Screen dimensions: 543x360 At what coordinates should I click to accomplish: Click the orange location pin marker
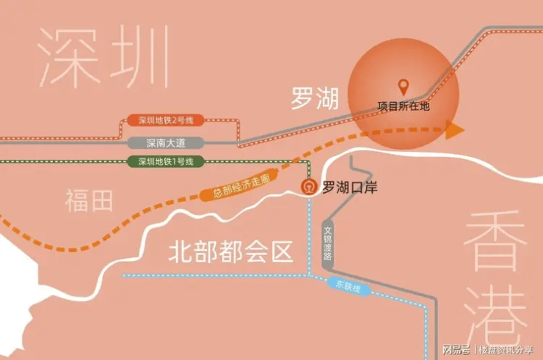tap(403, 87)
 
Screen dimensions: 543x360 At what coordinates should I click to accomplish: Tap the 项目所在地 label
tap(404, 106)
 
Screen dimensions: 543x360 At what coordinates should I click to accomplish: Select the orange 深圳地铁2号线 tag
tap(166, 120)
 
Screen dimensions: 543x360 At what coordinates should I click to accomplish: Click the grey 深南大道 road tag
tap(166, 143)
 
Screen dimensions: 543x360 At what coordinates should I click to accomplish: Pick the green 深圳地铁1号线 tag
tap(166, 161)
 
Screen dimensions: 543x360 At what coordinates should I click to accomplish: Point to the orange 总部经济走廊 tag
tap(240, 185)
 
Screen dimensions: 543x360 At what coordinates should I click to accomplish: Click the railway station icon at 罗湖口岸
tap(309, 187)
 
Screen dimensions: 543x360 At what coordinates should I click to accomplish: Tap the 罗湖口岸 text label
tap(350, 187)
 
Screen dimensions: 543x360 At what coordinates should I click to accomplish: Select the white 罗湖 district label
tap(315, 98)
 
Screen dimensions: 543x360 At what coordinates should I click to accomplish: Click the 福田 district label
tap(89, 200)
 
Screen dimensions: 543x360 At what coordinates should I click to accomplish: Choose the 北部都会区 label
tap(231, 251)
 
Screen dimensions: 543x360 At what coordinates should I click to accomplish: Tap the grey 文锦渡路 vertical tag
tap(327, 243)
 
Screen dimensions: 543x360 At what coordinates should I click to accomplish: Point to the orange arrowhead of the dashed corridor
tap(454, 130)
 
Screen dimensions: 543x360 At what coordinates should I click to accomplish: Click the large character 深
tap(68, 57)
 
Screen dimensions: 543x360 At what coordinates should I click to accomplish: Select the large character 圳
tap(139, 56)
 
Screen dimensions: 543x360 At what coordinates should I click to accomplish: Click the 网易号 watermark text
tap(456, 350)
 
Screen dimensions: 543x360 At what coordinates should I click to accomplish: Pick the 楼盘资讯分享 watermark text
tap(506, 350)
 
